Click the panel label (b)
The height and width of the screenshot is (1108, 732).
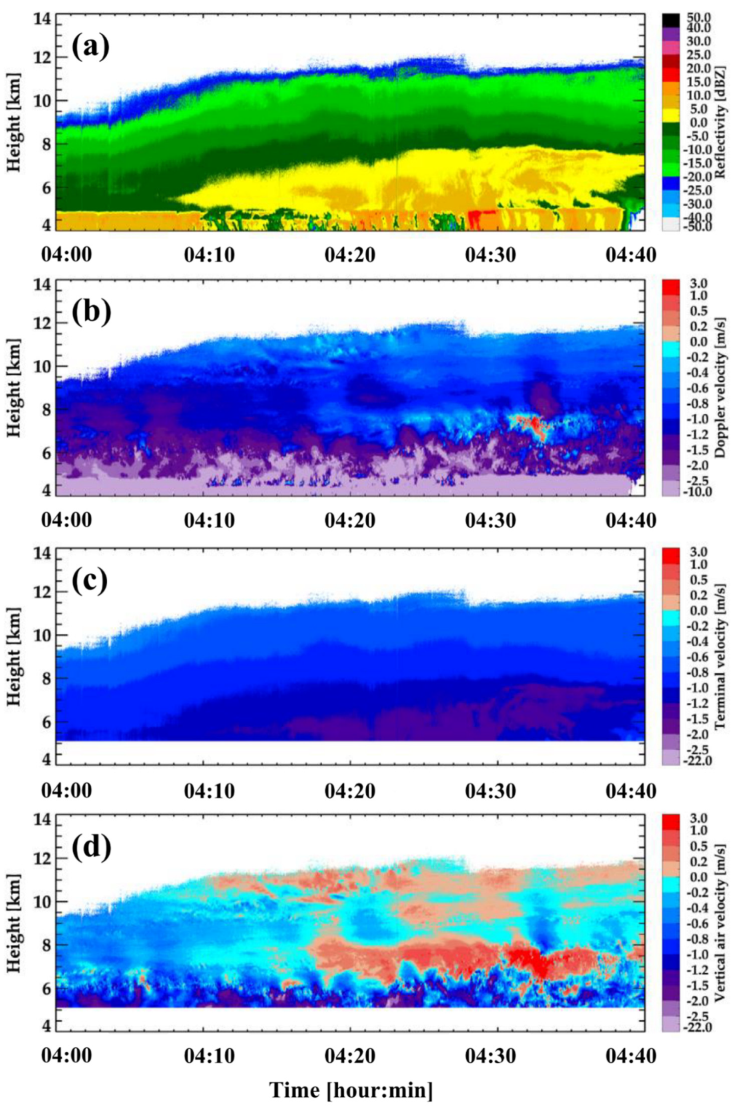(91, 314)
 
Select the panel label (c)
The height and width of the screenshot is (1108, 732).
(90, 582)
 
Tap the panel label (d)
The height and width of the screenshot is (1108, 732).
(91, 848)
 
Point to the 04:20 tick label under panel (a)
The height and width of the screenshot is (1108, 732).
(350, 255)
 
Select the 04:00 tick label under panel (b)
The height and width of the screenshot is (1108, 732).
(66, 520)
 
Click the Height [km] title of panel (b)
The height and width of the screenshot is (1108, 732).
(14, 387)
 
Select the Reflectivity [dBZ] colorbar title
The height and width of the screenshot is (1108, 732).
(720, 123)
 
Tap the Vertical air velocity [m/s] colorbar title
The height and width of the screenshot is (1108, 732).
(720, 924)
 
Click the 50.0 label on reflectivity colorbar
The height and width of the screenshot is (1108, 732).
(699, 18)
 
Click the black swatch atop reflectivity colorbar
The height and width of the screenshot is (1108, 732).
(671, 20)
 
